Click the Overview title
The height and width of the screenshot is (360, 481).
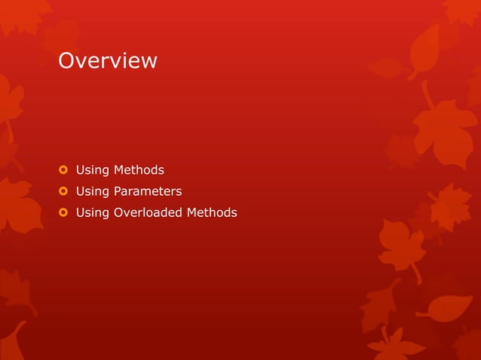pyautogui.click(x=108, y=60)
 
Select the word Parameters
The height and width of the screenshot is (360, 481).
pyautogui.click(x=148, y=191)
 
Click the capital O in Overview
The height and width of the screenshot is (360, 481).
pyautogui.click(x=66, y=60)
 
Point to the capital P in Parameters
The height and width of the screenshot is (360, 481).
pyautogui.click(x=117, y=191)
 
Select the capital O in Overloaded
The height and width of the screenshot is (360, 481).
pyautogui.click(x=118, y=212)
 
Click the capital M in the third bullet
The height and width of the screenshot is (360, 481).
pyautogui.click(x=192, y=212)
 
